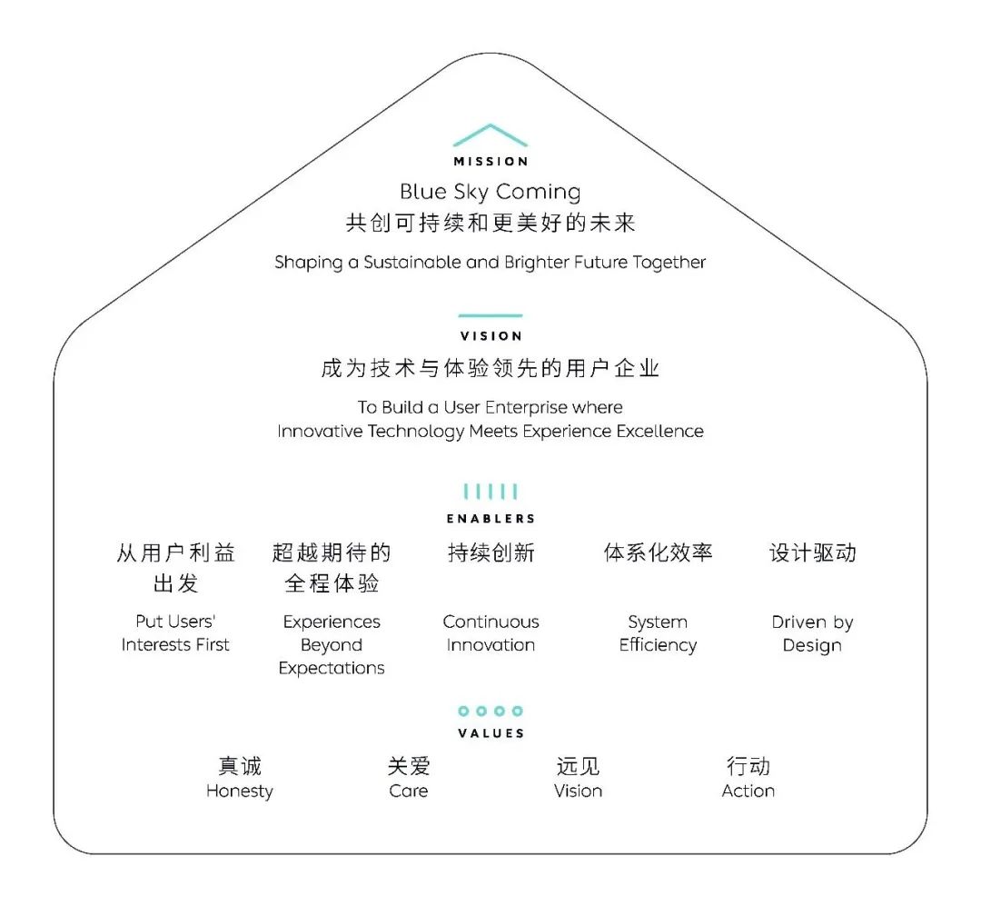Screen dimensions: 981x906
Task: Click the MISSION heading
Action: pyautogui.click(x=490, y=162)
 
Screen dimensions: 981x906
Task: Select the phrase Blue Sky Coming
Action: pyautogui.click(x=490, y=193)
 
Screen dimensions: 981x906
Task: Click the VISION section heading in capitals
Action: pyautogui.click(x=490, y=336)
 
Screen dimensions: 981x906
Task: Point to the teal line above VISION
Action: pyautogui.click(x=490, y=315)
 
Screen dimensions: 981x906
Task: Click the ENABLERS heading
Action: pyautogui.click(x=490, y=519)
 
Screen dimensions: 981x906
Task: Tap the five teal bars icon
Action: pyautogui.click(x=490, y=492)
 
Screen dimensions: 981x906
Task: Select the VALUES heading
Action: pyautogui.click(x=490, y=733)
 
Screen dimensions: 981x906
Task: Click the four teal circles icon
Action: pyautogui.click(x=490, y=711)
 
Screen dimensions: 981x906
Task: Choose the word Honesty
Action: pyautogui.click(x=240, y=792)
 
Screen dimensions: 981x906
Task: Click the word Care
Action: pyautogui.click(x=409, y=791)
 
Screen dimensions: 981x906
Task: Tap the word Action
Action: pyautogui.click(x=748, y=791)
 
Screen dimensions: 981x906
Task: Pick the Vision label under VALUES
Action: pyautogui.click(x=578, y=791)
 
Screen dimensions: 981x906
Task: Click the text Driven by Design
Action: pyautogui.click(x=812, y=633)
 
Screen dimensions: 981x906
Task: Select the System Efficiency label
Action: pyautogui.click(x=658, y=633)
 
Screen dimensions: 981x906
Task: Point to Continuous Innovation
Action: pyautogui.click(x=490, y=633)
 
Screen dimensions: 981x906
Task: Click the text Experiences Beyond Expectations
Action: pyautogui.click(x=332, y=645)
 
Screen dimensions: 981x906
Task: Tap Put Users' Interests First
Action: pyautogui.click(x=175, y=633)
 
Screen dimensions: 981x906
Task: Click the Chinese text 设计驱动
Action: pyautogui.click(x=812, y=553)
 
